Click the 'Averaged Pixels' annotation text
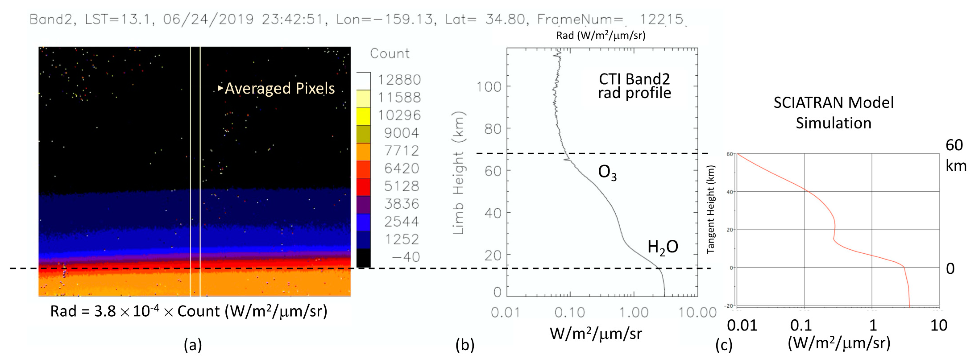click(x=279, y=88)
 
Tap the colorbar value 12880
click(x=399, y=80)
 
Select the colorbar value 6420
click(x=402, y=168)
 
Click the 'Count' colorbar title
click(x=389, y=53)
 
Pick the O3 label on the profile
click(x=607, y=173)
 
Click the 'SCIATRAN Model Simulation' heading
click(x=833, y=113)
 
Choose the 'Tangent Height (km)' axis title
click(x=710, y=209)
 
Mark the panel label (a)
click(x=193, y=345)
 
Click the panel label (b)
click(x=465, y=345)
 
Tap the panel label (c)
click(x=724, y=345)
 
